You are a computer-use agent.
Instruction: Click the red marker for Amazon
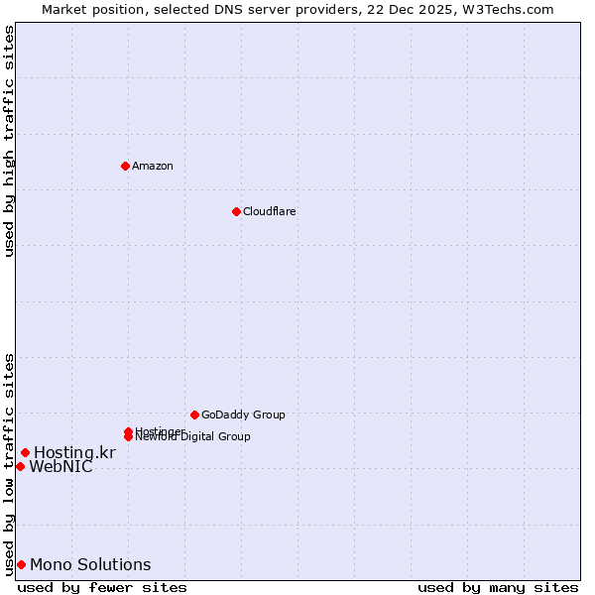tap(125, 166)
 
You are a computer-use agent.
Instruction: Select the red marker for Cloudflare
tap(236, 211)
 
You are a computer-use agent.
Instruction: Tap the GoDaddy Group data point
tap(194, 415)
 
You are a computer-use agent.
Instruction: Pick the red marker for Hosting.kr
tap(25, 453)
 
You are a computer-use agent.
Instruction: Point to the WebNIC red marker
tap(20, 466)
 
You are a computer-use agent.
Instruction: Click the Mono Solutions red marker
tap(21, 564)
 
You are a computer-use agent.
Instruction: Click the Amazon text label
tap(152, 166)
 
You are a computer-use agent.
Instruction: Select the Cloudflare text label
tap(269, 211)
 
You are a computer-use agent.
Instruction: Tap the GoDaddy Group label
tap(243, 415)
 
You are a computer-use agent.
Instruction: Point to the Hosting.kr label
tap(74, 453)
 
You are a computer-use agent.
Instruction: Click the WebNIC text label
tap(60, 467)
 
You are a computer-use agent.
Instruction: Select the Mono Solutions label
tap(90, 565)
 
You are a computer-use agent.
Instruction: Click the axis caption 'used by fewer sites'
tap(101, 588)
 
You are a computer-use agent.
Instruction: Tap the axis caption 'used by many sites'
tap(498, 588)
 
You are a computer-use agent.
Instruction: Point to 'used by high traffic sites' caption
tap(9, 141)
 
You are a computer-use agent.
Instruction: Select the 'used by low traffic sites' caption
tap(9, 463)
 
